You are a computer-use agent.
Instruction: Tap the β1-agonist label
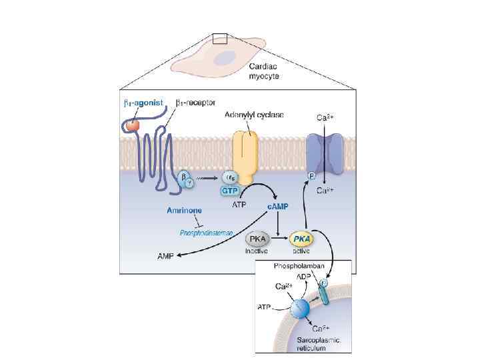click(x=143, y=103)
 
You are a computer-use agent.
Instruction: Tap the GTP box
click(x=231, y=191)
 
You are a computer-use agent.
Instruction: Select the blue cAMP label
click(x=278, y=206)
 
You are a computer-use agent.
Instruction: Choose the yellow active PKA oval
click(x=301, y=239)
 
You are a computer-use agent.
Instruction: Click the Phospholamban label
click(x=299, y=266)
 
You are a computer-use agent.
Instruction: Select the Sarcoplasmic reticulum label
click(x=317, y=345)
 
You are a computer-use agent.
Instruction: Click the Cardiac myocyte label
click(x=264, y=71)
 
